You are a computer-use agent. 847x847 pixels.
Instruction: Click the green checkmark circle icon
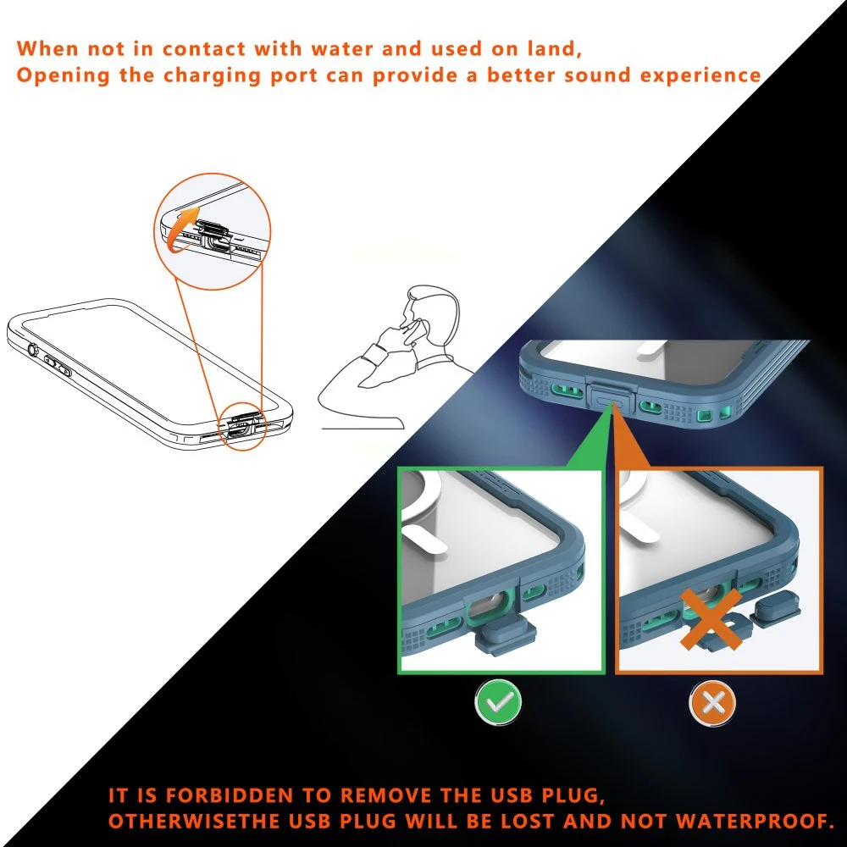point(498,702)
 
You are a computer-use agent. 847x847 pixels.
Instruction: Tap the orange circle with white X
point(713,703)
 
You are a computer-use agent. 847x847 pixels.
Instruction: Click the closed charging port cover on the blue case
point(611,400)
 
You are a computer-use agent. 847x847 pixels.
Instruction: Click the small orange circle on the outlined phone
point(243,426)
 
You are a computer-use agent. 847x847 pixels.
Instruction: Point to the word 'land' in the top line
point(553,48)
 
